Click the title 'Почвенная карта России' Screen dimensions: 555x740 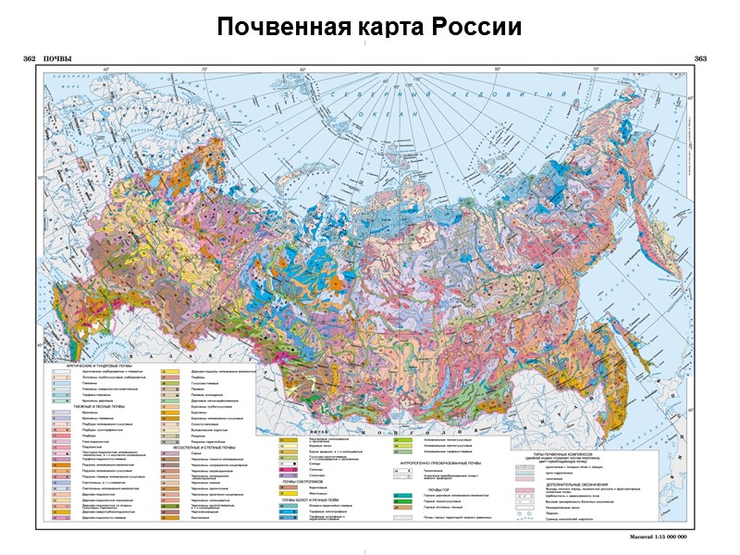point(369,26)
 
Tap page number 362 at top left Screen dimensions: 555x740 point(29,60)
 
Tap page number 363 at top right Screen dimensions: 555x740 point(699,60)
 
